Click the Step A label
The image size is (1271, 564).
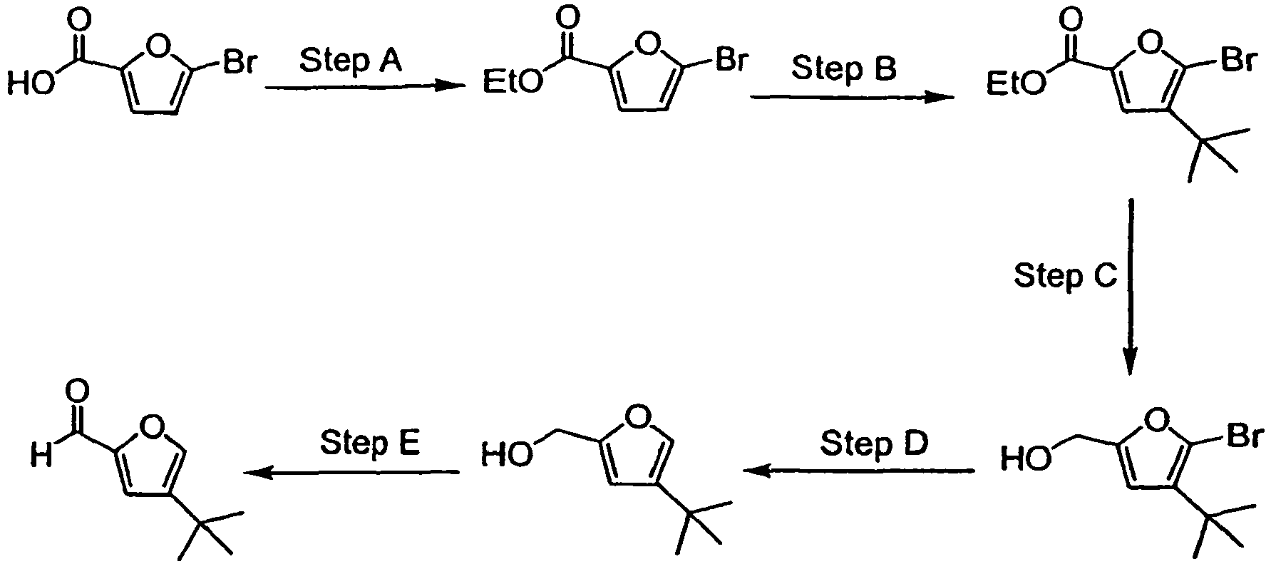(351, 61)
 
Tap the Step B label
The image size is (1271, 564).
(845, 70)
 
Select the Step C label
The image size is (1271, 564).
(1066, 275)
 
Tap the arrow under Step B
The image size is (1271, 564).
(852, 98)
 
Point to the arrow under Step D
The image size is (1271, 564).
(858, 471)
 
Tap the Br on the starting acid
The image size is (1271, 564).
(240, 63)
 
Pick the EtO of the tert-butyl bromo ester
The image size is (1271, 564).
(1017, 86)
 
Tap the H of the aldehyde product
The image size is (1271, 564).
(41, 454)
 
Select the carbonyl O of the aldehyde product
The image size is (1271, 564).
(77, 390)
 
